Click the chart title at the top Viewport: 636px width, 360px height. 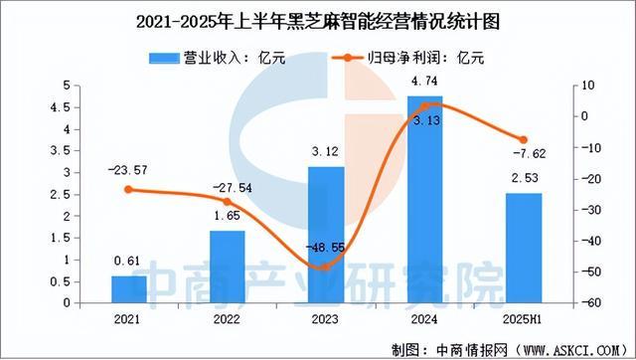(318, 18)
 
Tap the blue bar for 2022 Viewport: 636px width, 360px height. (228, 267)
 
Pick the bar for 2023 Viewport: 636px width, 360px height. (326, 235)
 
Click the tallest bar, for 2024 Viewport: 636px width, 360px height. (425, 199)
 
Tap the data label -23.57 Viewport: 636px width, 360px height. (129, 170)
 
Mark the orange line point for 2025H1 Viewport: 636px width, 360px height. (524, 139)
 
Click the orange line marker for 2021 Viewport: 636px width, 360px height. (129, 190)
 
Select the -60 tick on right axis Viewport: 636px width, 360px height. (588, 303)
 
